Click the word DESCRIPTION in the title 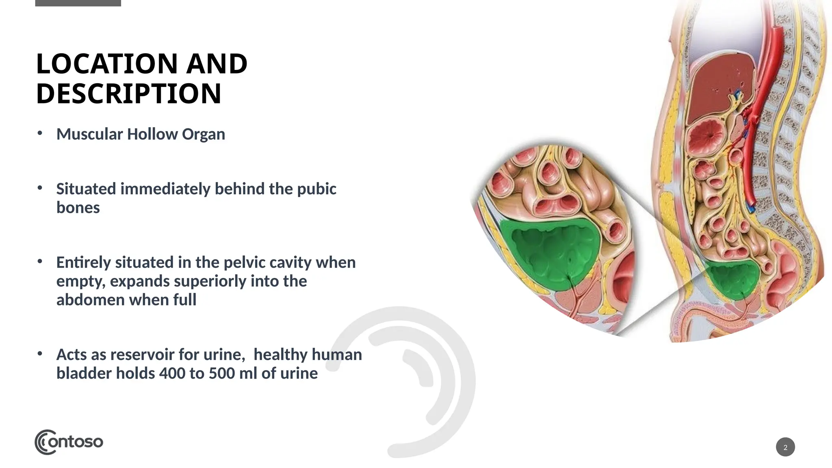pos(128,94)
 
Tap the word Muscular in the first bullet pos(89,134)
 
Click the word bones pos(78,208)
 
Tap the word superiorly pos(212,281)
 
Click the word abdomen pos(90,300)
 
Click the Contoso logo pos(69,442)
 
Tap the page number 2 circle pos(785,447)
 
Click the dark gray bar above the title pos(78,3)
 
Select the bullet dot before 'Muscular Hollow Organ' pos(39,133)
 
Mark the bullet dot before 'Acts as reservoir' pos(39,354)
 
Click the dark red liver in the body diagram pos(719,85)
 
